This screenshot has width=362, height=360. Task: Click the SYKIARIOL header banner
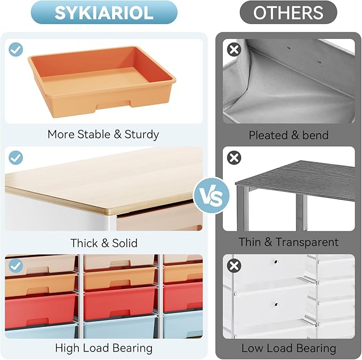pyautogui.click(x=104, y=12)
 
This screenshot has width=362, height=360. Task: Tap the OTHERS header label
pyautogui.click(x=288, y=12)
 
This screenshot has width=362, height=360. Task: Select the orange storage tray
pyautogui.click(x=102, y=81)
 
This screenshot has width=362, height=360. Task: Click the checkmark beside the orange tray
pyautogui.click(x=15, y=50)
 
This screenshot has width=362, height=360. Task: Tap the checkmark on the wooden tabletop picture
pyautogui.click(x=15, y=158)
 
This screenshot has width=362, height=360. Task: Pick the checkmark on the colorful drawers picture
pyautogui.click(x=15, y=266)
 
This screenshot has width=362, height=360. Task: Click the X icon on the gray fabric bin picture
pyautogui.click(x=234, y=50)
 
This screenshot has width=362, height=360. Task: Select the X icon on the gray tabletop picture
pyautogui.click(x=234, y=158)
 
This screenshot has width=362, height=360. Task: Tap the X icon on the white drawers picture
pyautogui.click(x=234, y=266)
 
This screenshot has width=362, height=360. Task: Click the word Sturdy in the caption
pyautogui.click(x=142, y=135)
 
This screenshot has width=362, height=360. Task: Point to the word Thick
pyautogui.click(x=84, y=243)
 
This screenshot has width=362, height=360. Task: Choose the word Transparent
pyautogui.click(x=307, y=242)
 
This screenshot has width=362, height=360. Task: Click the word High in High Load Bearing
pyautogui.click(x=67, y=348)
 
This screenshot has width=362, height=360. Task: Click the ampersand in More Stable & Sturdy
pyautogui.click(x=117, y=134)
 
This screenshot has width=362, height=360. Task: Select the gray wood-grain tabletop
pyautogui.click(x=295, y=181)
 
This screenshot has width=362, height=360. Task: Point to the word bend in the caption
pyautogui.click(x=316, y=135)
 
